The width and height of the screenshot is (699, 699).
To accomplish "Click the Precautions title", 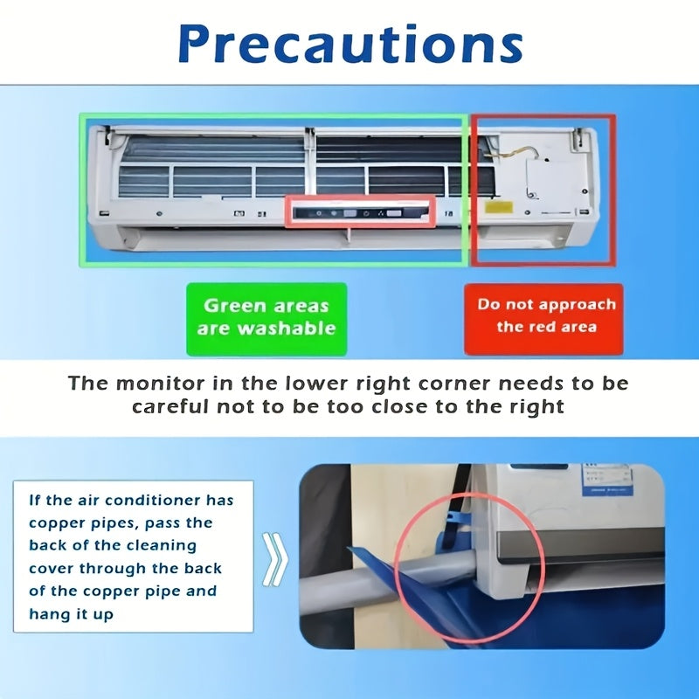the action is pyautogui.click(x=350, y=45).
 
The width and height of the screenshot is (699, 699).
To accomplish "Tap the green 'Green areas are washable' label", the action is pyautogui.click(x=266, y=319).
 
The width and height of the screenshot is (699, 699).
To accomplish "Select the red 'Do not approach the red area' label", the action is pyautogui.click(x=543, y=319).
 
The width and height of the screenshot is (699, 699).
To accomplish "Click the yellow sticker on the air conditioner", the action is pyautogui.click(x=498, y=207).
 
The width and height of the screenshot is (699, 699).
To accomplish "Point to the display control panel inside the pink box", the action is pyautogui.click(x=360, y=213).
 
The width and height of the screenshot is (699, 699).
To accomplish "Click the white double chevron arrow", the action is pyautogui.click(x=275, y=559).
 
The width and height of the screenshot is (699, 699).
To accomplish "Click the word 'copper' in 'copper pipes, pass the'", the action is pyautogui.click(x=56, y=523).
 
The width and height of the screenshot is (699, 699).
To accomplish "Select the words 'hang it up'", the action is pyautogui.click(x=72, y=614).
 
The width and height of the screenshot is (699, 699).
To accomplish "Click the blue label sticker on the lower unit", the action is pyautogui.click(x=607, y=479).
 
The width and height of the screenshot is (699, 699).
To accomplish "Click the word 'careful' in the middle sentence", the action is pyautogui.click(x=170, y=407).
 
